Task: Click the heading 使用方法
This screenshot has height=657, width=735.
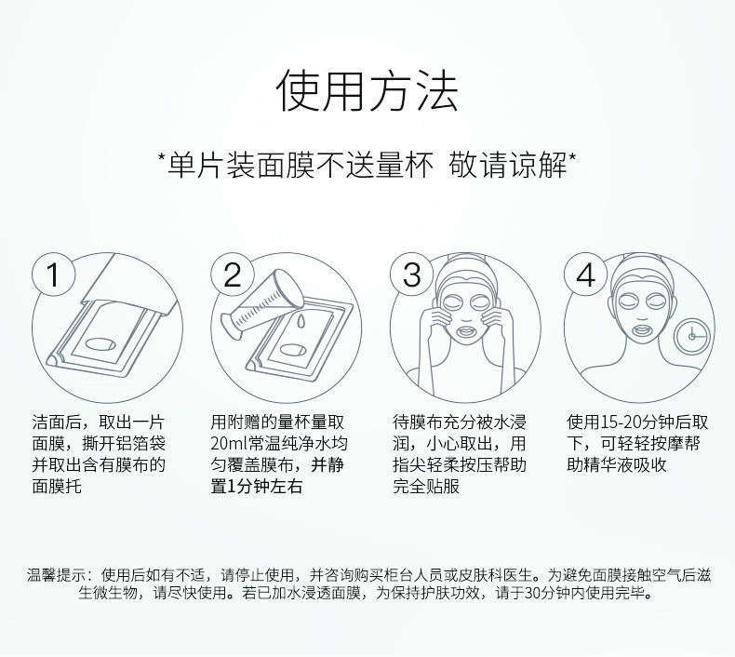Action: tap(367, 91)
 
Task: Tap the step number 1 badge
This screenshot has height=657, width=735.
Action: tap(53, 275)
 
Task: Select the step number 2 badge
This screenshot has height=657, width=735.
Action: tap(232, 275)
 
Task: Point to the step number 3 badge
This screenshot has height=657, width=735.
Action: tap(412, 275)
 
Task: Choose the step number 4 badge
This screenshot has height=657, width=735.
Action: tap(585, 275)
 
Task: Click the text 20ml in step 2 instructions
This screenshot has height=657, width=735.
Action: tap(229, 444)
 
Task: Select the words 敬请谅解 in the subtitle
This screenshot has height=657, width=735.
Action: tap(509, 166)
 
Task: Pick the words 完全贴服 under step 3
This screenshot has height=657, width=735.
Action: tap(426, 487)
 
